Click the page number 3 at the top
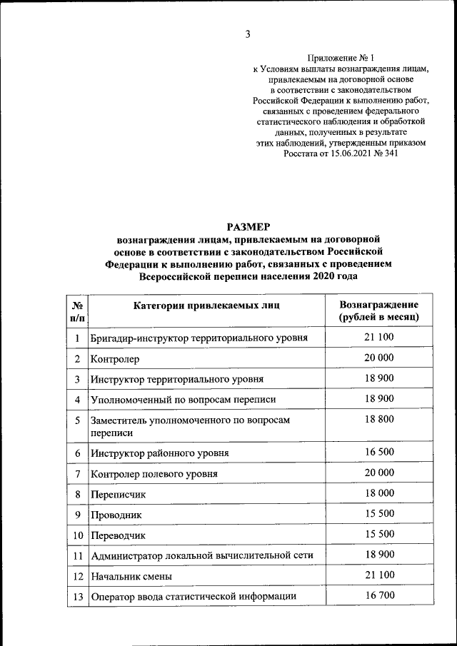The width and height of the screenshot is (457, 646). click(247, 34)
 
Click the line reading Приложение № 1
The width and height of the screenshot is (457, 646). click(340, 56)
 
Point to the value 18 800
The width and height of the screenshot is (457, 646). click(378, 419)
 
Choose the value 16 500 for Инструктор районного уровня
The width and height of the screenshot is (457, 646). click(378, 452)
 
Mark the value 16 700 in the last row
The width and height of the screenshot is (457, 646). click(378, 595)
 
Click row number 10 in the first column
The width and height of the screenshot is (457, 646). click(76, 535)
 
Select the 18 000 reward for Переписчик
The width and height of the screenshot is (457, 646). click(378, 493)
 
